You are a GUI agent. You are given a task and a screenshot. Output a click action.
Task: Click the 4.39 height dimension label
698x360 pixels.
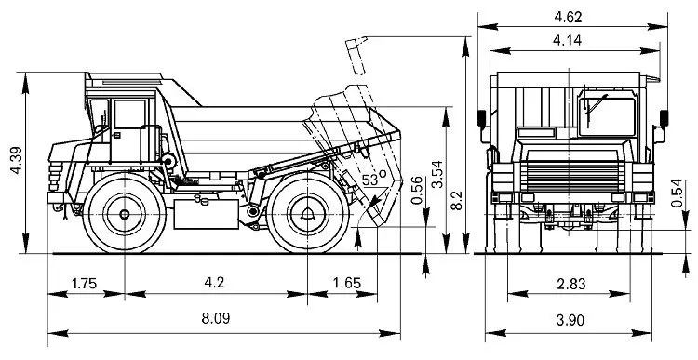(x=17, y=160)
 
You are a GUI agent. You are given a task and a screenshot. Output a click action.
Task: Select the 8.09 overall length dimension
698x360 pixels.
(x=216, y=318)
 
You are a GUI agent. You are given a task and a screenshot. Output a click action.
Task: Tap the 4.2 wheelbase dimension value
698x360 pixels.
(x=214, y=283)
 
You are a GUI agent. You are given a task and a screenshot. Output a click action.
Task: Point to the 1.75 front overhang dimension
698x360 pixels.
(x=84, y=284)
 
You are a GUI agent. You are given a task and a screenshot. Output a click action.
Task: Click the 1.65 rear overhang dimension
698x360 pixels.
(x=347, y=283)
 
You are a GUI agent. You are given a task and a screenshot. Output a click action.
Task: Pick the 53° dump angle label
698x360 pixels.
(x=374, y=179)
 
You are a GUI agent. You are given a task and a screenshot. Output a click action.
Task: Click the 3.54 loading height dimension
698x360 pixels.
(x=437, y=175)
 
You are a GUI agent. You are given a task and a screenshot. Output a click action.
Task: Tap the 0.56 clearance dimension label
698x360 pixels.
(x=417, y=191)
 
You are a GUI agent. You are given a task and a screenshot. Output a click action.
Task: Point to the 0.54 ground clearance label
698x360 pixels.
(x=677, y=193)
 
